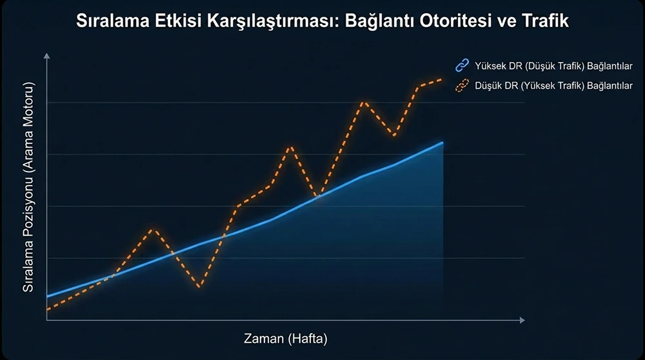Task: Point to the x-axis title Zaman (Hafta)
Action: (286, 338)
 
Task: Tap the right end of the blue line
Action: (442, 143)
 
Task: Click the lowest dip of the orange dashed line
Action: (199, 286)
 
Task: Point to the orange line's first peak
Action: (152, 229)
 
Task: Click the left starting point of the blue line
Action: (47, 296)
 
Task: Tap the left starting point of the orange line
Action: (47, 310)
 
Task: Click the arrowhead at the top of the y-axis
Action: (47, 58)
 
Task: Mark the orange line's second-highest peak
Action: (364, 101)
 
